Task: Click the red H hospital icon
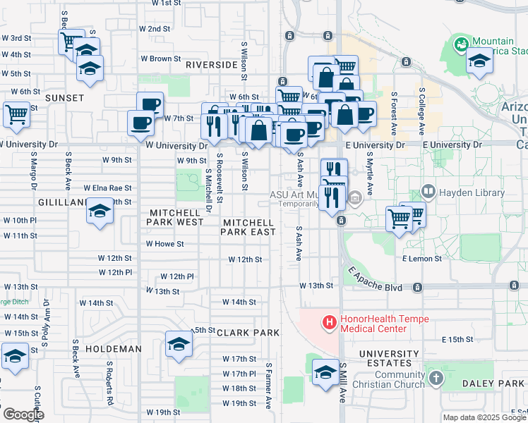click(328, 323)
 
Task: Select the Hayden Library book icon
click(428, 192)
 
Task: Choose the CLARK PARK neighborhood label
click(248, 332)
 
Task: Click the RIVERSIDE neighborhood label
click(211, 64)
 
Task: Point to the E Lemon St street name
click(421, 259)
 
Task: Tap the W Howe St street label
click(164, 244)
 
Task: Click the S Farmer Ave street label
click(269, 386)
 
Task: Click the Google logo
click(23, 414)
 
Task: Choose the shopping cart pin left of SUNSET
click(16, 114)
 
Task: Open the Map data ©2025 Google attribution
click(484, 417)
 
